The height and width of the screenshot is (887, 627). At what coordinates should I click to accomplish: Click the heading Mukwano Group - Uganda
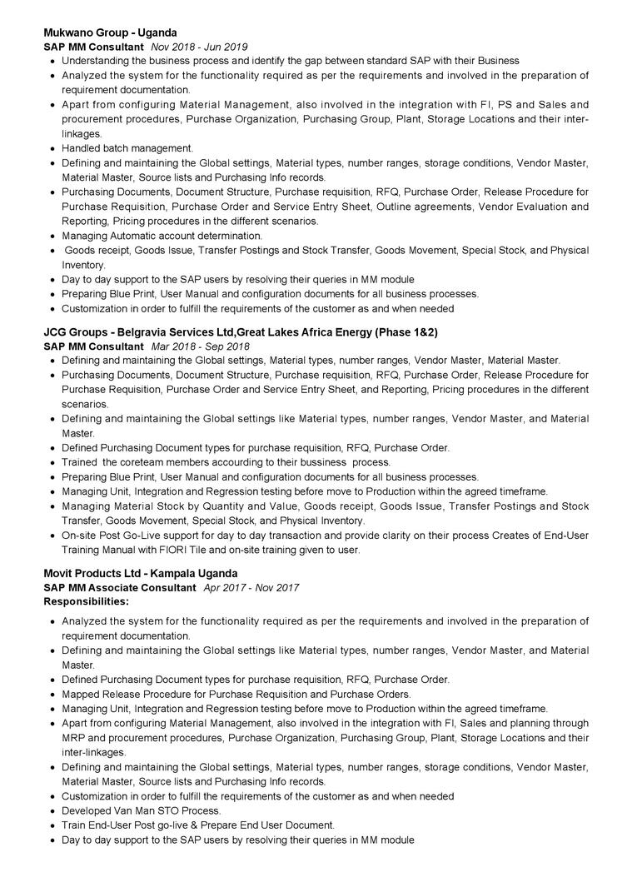[x=110, y=32]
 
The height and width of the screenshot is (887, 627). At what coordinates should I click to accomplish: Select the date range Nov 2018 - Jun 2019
[x=199, y=47]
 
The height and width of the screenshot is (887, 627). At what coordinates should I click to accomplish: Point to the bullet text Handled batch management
[x=127, y=148]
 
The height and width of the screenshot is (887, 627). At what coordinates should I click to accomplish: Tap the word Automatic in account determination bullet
[x=135, y=236]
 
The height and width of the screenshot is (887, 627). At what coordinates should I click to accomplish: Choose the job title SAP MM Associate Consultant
[x=120, y=587]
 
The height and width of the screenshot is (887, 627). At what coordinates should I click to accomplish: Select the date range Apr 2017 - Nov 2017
[x=251, y=587]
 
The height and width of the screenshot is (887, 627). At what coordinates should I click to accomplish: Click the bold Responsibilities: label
[x=86, y=600]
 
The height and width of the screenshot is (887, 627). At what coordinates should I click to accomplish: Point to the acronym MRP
[x=75, y=738]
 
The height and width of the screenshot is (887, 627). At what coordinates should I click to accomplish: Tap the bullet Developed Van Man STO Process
[x=142, y=810]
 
